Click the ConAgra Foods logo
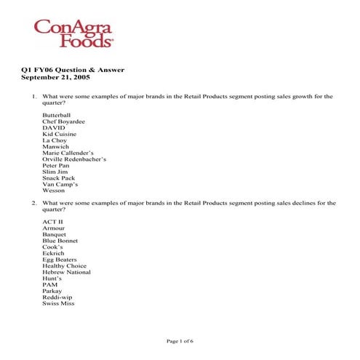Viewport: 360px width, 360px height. pos(73,33)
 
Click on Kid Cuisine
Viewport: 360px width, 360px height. pos(59,134)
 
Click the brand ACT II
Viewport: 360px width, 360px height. pos(52,221)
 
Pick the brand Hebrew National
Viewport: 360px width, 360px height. pos(66,272)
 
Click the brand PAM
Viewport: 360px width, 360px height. pos(49,284)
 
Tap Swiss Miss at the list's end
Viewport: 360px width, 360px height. pos(58,303)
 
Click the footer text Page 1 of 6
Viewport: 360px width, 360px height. pos(180,340)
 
